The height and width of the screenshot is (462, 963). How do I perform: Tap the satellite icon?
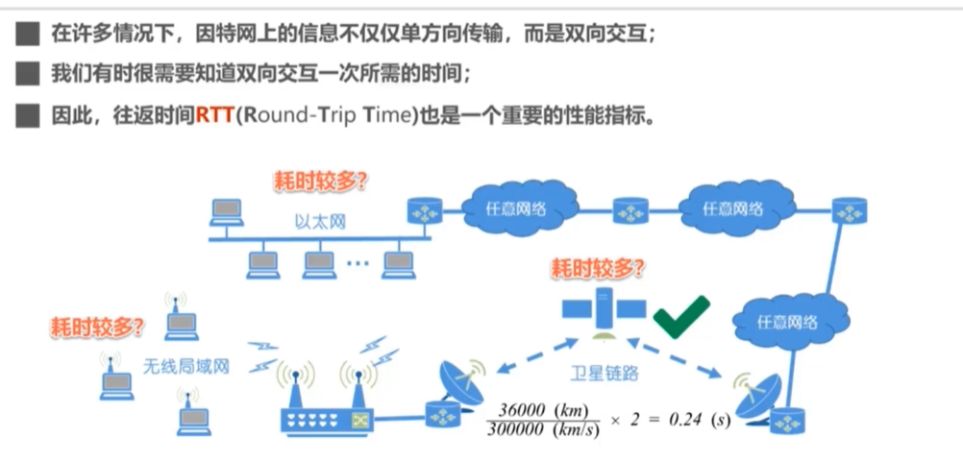tap(605, 308)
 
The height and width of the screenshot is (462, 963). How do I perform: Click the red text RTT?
tap(215, 116)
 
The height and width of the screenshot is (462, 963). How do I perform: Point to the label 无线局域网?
tap(186, 365)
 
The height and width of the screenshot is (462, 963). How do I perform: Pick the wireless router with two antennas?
tap(326, 403)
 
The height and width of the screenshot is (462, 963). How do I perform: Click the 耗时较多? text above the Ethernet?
tap(322, 180)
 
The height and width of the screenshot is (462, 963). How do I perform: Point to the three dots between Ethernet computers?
tap(357, 262)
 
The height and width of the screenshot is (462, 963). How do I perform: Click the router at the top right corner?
tap(850, 210)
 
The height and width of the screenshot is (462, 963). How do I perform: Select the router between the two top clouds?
tap(630, 208)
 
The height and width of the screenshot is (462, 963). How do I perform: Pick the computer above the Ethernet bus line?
tap(228, 210)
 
